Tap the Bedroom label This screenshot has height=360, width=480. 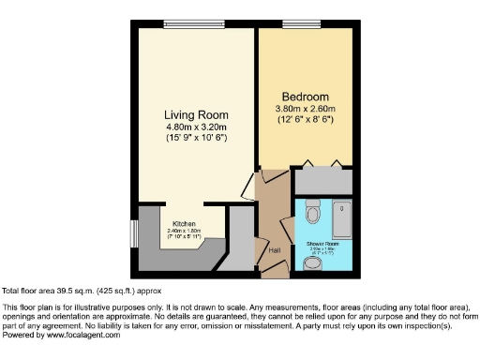tap(306, 97)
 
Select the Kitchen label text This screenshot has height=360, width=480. tap(183, 224)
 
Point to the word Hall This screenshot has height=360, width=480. tap(275, 250)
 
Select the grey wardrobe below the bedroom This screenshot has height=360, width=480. tap(322, 180)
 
